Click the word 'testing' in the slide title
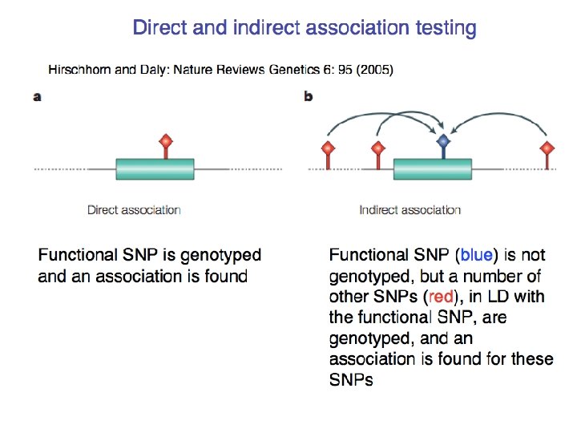tap(442, 29)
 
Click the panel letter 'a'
tap(37, 97)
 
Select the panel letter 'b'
tap(309, 97)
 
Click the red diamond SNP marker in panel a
tap(165, 142)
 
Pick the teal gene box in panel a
tap(155, 169)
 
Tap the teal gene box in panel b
tap(433, 169)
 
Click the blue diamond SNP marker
tap(442, 142)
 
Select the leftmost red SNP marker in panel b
tap(327, 148)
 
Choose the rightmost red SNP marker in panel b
tap(547, 148)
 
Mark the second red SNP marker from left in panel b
tap(377, 148)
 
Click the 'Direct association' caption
tap(134, 210)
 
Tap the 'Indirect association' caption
tap(410, 210)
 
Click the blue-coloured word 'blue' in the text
tap(476, 256)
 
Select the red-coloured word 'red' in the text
tap(442, 297)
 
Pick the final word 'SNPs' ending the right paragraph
tap(351, 380)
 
